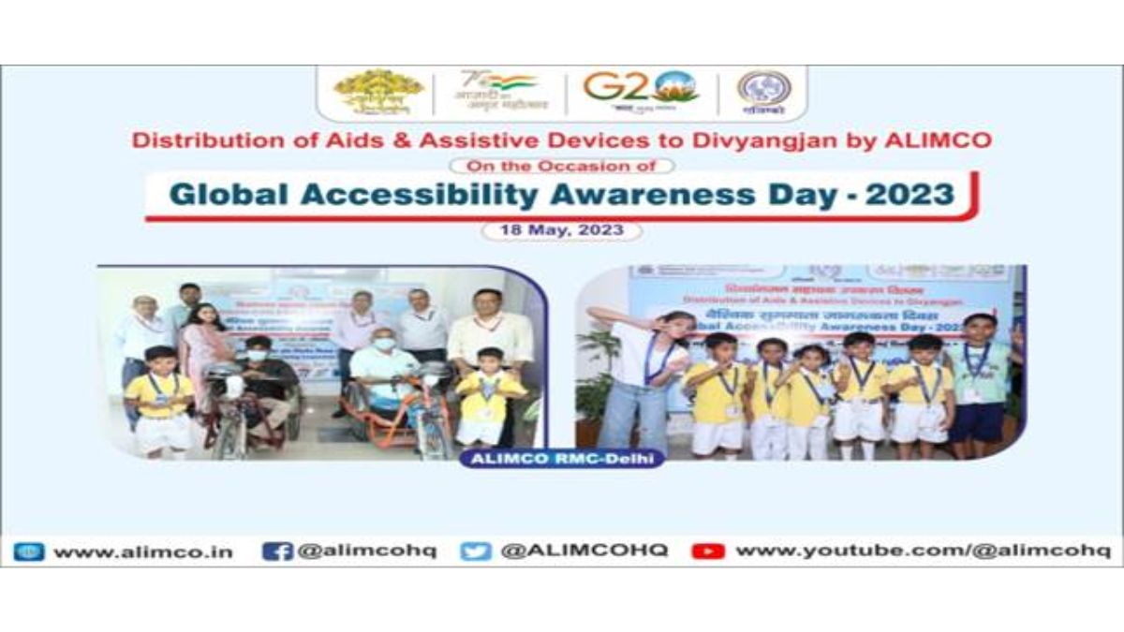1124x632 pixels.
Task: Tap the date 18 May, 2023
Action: [x=562, y=230]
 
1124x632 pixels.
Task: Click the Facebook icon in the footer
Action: [x=277, y=551]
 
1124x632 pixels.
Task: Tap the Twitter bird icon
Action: [x=476, y=551]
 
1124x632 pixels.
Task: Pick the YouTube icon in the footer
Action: [x=708, y=551]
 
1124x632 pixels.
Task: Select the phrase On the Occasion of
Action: [x=562, y=166]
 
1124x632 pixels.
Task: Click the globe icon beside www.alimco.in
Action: [x=29, y=551]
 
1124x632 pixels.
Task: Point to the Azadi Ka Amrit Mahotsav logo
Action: [x=496, y=92]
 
